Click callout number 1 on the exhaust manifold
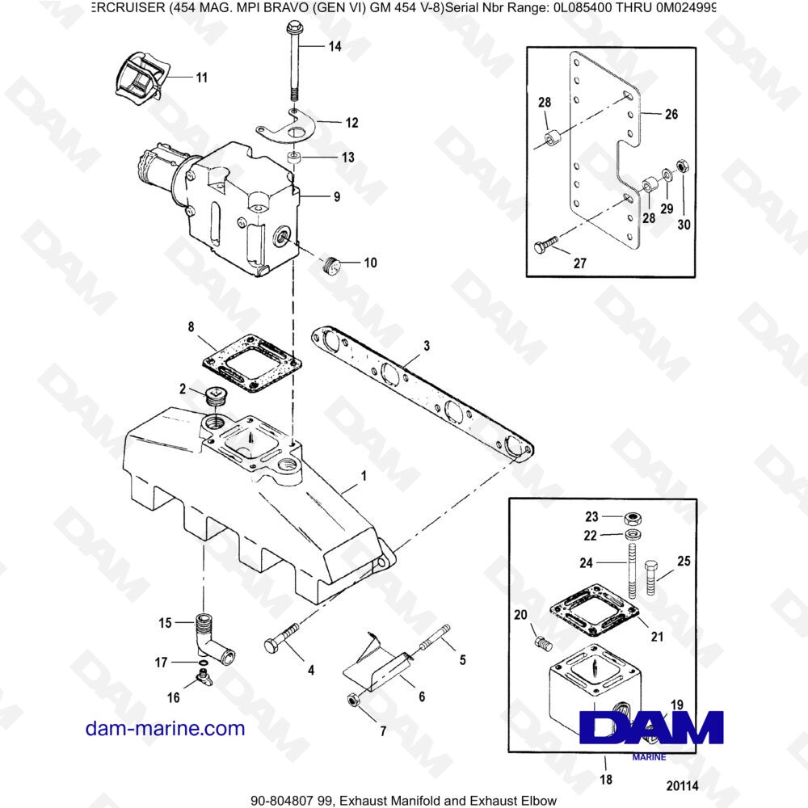click(x=363, y=477)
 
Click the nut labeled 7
click(x=354, y=699)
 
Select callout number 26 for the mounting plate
click(x=671, y=114)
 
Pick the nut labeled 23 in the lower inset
click(x=633, y=517)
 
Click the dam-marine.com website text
click(x=165, y=729)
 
